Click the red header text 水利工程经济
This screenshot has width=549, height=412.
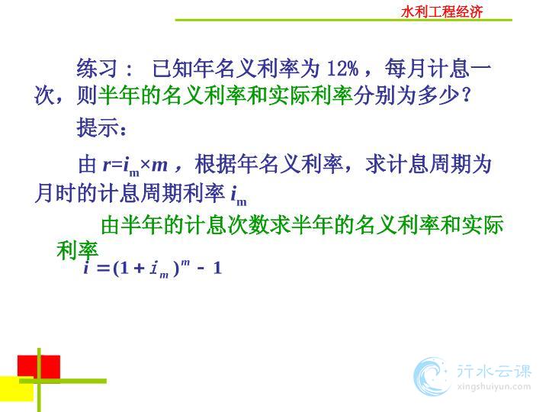[441, 12]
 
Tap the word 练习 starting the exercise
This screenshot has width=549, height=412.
[97, 69]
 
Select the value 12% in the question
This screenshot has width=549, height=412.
[342, 69]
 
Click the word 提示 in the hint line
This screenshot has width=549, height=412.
[97, 127]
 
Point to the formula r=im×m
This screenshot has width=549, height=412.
[135, 165]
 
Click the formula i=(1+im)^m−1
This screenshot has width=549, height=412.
[152, 269]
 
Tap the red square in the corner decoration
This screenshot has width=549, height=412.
[39, 367]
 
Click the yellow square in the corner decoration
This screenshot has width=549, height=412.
[17, 389]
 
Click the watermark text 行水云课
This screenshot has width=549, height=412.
[494, 371]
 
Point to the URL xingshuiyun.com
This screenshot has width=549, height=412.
[494, 387]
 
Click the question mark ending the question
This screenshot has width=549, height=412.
[466, 95]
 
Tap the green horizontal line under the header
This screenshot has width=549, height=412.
[343, 20]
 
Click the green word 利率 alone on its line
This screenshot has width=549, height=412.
[77, 250]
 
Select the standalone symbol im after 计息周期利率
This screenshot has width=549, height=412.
[239, 195]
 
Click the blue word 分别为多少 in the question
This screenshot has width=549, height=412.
[406, 95]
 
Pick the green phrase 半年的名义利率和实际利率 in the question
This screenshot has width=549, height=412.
[226, 95]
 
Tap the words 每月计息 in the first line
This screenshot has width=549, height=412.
[428, 69]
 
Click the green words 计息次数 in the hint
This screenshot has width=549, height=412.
[227, 225]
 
